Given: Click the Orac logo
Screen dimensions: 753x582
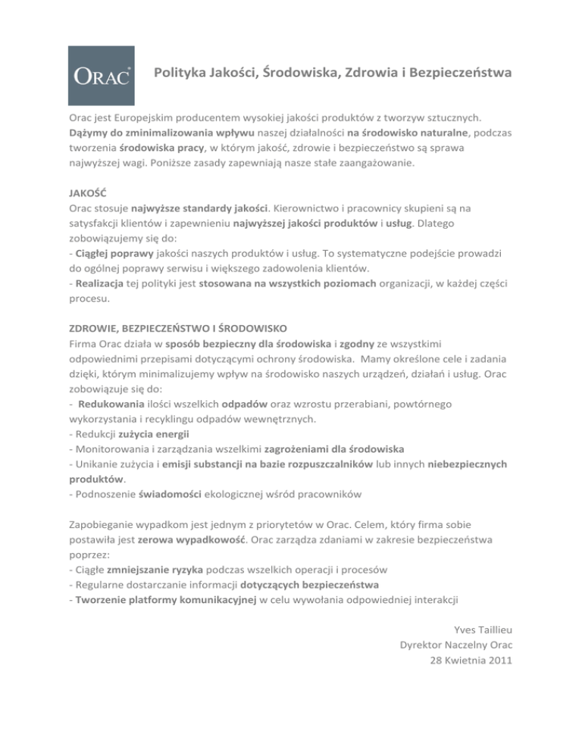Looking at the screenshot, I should pyautogui.click(x=103, y=75).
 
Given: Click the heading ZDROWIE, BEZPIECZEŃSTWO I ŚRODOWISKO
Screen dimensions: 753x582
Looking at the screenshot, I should pyautogui.click(x=176, y=330).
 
